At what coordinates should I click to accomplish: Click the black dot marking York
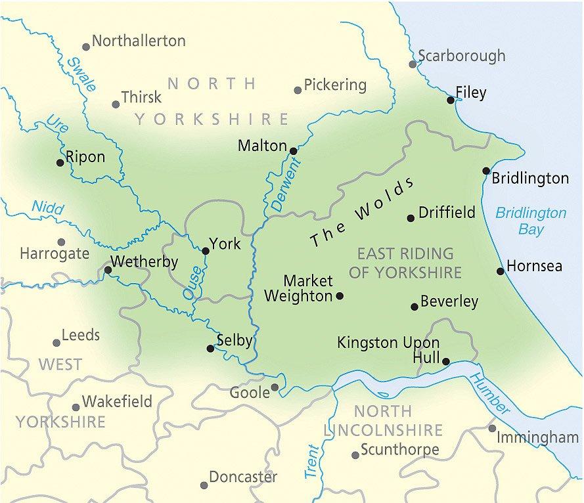click(206, 251)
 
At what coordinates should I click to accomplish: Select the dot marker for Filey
click(451, 100)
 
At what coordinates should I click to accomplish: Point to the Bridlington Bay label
click(530, 221)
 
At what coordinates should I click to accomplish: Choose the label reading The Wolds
click(363, 212)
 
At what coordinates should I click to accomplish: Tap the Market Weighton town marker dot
click(340, 296)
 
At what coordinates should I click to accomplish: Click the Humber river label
click(489, 394)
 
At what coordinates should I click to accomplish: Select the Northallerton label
click(139, 41)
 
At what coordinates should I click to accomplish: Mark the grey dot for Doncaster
click(204, 485)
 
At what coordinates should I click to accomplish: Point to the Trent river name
click(311, 462)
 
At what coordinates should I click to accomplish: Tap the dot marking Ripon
click(60, 163)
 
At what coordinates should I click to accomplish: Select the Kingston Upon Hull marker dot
click(446, 361)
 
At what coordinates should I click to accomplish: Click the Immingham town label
click(537, 437)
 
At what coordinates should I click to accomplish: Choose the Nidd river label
click(47, 208)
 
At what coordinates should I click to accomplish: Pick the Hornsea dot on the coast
click(501, 271)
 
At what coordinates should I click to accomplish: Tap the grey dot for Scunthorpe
click(355, 454)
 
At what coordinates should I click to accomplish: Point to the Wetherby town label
click(145, 262)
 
